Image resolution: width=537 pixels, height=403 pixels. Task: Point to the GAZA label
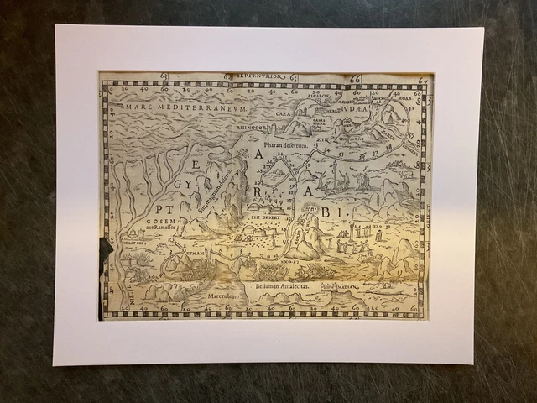click(x=282, y=113)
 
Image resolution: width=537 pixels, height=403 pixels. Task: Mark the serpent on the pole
click(x=333, y=176)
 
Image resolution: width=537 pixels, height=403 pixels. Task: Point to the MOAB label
click(x=404, y=97)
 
